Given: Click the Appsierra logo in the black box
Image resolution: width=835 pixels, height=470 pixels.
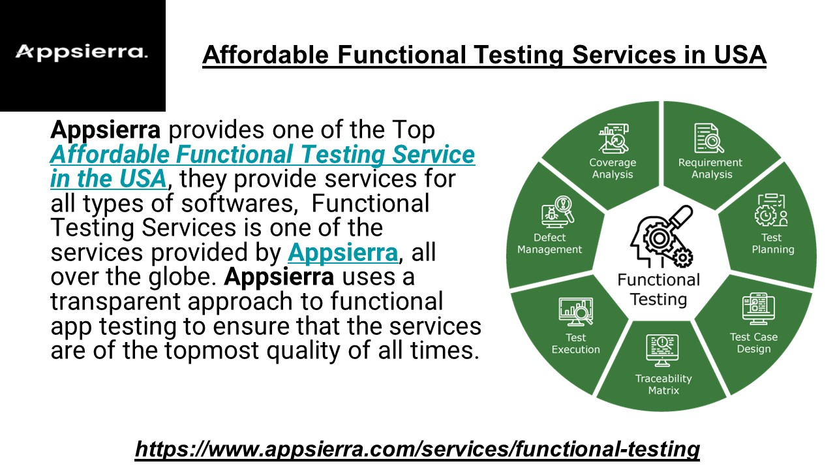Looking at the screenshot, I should pos(82,52).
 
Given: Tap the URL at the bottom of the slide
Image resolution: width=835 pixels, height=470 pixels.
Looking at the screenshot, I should pos(417,449).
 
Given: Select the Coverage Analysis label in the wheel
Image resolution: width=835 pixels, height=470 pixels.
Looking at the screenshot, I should pos(613,168).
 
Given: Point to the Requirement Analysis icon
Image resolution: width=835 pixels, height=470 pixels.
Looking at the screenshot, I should pos(709,138).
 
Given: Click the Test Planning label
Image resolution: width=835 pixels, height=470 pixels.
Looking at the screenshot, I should pos(772,243).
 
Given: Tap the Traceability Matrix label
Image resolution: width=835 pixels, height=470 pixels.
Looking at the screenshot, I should pos(663,384).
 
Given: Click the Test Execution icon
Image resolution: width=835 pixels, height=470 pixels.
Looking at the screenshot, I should pos(575,311).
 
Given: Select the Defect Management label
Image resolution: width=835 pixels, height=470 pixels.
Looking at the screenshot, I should pos(549,243).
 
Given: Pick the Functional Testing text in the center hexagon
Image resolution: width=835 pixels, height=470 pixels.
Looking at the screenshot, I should pos(658,290).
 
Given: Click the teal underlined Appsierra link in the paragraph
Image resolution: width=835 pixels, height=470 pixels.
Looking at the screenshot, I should pos(342,252).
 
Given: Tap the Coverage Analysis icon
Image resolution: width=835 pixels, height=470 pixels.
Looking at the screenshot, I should pos(613,138).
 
